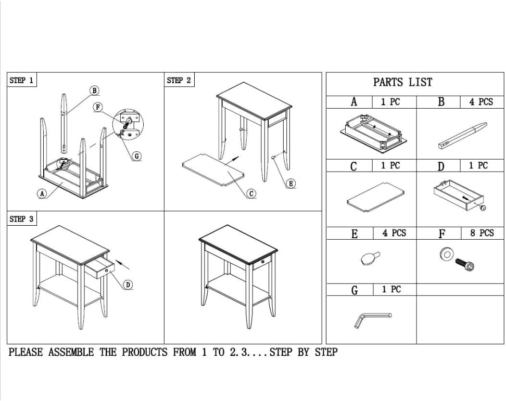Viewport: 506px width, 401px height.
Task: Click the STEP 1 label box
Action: click(22, 80)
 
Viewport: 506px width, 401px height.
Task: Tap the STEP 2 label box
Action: click(179, 80)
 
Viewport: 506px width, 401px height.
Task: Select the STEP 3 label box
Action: click(22, 219)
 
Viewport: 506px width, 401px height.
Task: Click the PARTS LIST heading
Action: click(402, 82)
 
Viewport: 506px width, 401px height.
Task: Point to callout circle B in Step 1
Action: click(94, 90)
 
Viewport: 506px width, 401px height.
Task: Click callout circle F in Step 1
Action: click(98, 107)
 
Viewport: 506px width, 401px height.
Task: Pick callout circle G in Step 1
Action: click(137, 157)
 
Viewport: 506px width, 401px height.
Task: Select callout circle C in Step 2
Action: click(251, 193)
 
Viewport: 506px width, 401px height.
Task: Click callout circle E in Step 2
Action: click(291, 184)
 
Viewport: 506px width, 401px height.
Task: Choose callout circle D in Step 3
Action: click(128, 284)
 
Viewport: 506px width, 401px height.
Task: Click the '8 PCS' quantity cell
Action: click(482, 233)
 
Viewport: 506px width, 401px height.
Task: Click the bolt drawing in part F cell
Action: click(465, 264)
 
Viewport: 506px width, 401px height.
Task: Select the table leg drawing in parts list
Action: click(462, 135)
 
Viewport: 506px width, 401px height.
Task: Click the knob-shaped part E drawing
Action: click(370, 258)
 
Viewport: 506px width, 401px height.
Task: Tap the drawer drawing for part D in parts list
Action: click(460, 195)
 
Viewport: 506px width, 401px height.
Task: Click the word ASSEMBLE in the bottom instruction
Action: click(71, 352)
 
